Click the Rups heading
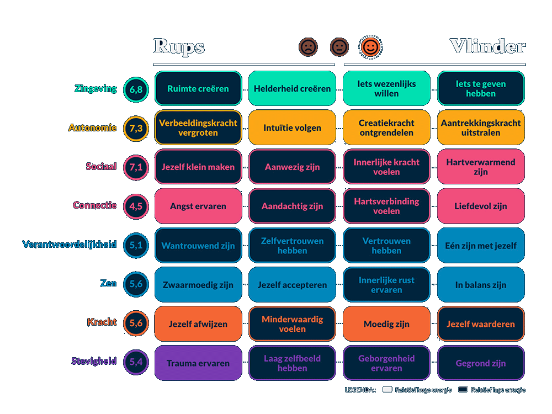tap(179, 47)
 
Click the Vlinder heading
tap(487, 47)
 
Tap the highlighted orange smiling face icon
tap(370, 47)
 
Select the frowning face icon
tap(308, 47)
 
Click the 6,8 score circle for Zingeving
tap(136, 89)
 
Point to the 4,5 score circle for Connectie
tap(136, 206)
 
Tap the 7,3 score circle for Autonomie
tap(136, 128)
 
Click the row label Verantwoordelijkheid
tap(70, 244)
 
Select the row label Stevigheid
tap(94, 362)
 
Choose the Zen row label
tap(109, 283)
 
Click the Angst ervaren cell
tap(198, 206)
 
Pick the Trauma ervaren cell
tap(198, 363)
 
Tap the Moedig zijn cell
tap(386, 324)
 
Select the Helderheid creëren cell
tap(292, 88)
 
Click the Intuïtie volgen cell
tap(292, 128)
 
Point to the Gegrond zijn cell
tap(481, 363)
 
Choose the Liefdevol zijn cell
tap(481, 206)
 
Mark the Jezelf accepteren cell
tap(292, 285)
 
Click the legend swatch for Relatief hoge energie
tap(387, 390)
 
